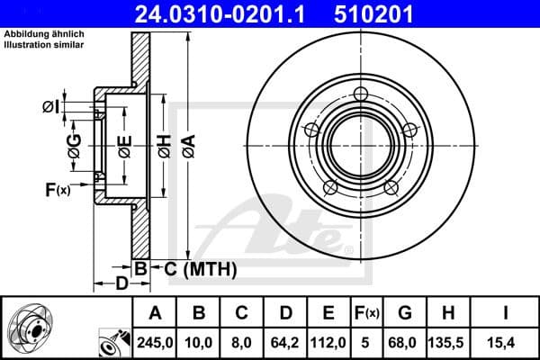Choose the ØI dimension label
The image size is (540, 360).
50,108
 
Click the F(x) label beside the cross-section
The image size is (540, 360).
57,189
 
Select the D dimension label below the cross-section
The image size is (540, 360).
120,283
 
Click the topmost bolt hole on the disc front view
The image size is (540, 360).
362,94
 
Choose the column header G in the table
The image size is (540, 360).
403,313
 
